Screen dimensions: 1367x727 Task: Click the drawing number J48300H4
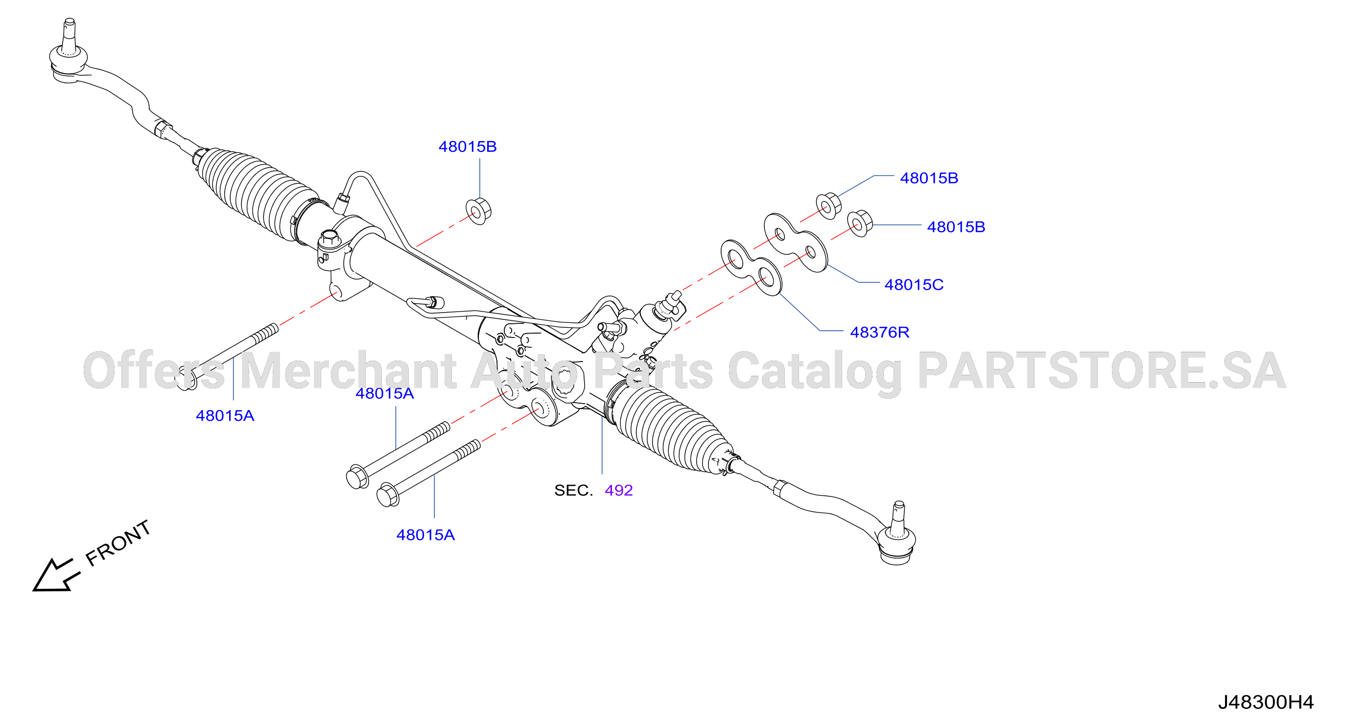point(1266,703)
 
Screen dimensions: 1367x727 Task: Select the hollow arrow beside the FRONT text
point(56,575)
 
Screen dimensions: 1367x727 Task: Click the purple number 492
point(619,490)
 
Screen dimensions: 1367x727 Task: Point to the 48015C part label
point(914,285)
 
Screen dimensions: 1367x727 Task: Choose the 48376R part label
point(880,333)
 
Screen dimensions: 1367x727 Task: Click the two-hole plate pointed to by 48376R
point(751,267)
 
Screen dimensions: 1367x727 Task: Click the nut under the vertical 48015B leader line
point(479,211)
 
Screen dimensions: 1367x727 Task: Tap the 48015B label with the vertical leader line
point(468,146)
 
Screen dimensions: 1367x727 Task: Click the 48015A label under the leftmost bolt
point(225,416)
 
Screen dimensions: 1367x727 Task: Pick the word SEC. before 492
point(574,490)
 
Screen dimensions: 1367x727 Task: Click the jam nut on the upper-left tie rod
point(164,128)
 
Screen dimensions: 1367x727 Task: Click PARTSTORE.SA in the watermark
point(1102,370)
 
